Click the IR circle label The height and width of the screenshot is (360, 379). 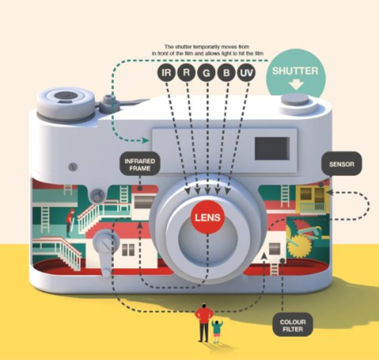167,73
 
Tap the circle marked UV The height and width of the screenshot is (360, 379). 246,73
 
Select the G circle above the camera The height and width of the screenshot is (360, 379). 207,73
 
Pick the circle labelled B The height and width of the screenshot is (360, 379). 226,73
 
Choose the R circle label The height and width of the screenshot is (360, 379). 187,73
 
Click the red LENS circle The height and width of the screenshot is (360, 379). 208,218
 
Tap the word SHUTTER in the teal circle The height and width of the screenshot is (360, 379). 295,71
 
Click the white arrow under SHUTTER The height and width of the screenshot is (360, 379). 296,85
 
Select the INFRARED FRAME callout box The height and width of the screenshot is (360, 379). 140,165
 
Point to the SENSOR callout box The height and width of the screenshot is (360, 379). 341,165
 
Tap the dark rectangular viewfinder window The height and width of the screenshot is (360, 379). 272,148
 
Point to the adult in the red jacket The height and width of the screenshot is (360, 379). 204,320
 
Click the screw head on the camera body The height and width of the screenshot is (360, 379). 73,167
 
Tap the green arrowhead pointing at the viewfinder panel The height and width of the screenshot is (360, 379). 146,141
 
